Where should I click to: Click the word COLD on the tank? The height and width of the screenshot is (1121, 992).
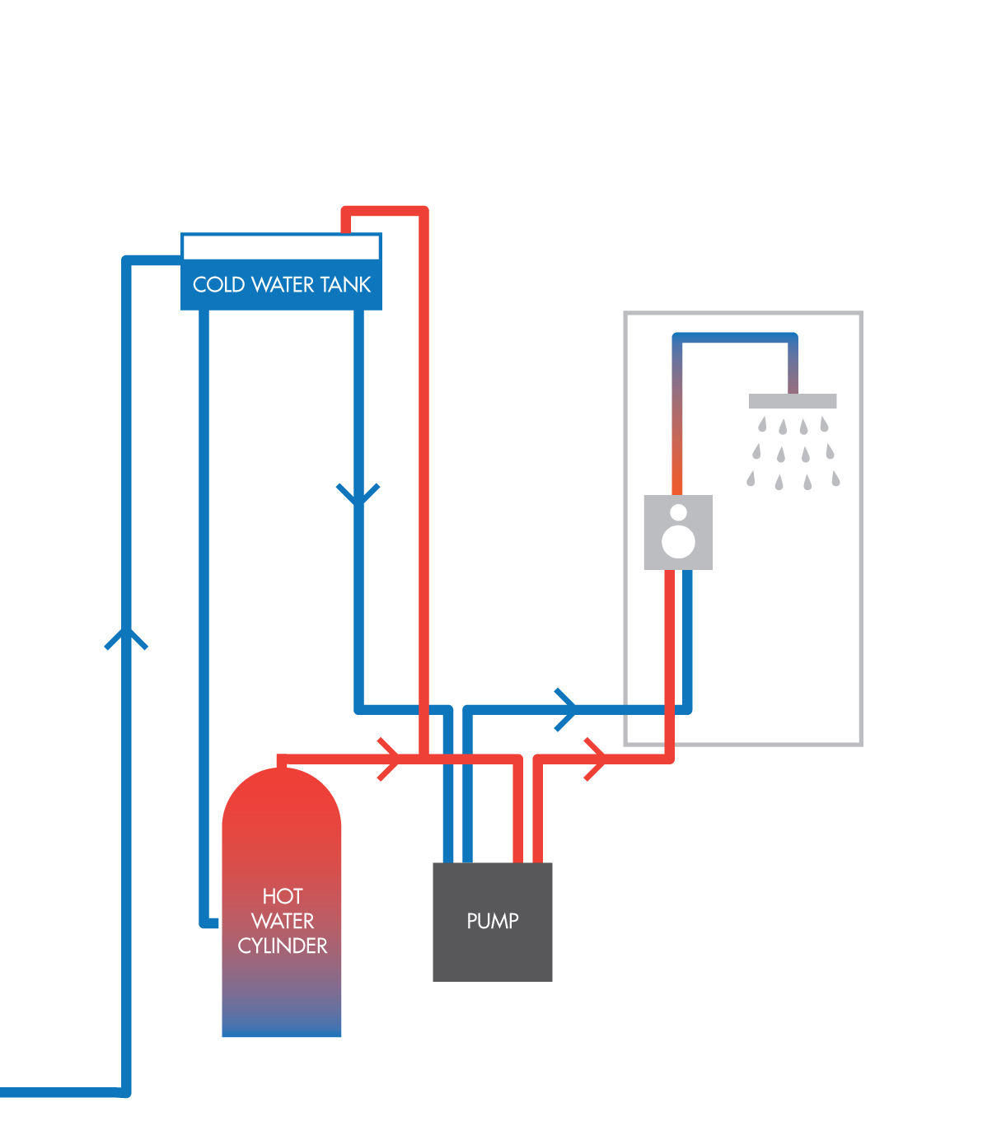coord(219,285)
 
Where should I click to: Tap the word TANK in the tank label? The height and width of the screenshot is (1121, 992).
coord(346,285)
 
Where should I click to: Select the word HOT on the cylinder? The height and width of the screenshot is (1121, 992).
coord(283,896)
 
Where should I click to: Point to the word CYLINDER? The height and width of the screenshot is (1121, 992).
coord(283,946)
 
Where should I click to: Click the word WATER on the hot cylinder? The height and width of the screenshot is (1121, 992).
coord(283,921)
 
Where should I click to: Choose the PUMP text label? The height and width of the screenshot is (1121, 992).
coord(493,921)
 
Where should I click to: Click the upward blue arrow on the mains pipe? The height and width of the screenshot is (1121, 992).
coord(126,639)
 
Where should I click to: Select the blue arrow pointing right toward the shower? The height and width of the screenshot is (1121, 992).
coord(567,708)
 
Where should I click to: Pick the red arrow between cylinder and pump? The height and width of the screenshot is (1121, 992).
coord(391,759)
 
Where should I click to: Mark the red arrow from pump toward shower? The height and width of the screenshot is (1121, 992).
coord(597,759)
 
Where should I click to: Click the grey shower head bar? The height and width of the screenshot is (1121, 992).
coord(793,401)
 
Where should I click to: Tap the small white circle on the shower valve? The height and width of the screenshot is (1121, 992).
coord(678,512)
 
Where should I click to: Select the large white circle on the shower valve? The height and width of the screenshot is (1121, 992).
coord(679,541)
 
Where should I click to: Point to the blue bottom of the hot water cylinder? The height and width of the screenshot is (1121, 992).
coord(282,1021)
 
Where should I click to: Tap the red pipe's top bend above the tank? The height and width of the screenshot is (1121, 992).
coord(424,212)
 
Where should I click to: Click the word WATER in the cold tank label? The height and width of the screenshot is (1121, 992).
coord(282,285)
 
